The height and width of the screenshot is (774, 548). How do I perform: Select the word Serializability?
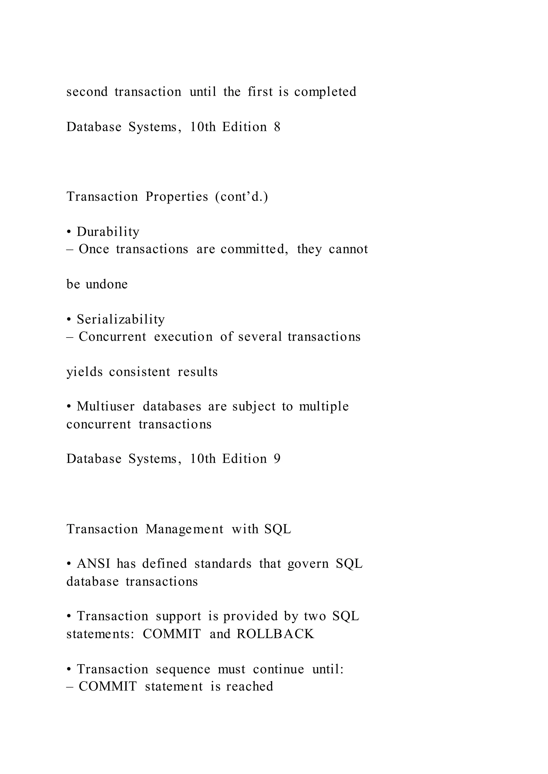click(120, 319)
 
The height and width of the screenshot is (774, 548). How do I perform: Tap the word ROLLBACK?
click(275, 634)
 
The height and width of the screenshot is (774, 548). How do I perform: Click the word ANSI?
click(93, 564)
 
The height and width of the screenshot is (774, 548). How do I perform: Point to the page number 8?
click(277, 127)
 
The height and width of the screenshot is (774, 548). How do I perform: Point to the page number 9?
click(277, 459)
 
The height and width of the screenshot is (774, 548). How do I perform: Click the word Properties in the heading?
click(177, 197)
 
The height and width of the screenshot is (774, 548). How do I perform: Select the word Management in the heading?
click(184, 529)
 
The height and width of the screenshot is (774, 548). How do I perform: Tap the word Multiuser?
click(106, 406)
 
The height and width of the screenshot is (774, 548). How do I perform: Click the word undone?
click(107, 284)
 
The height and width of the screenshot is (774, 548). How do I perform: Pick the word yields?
click(84, 372)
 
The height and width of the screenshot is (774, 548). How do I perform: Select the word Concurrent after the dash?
click(112, 336)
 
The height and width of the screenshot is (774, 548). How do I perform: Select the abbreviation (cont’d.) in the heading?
click(242, 197)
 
